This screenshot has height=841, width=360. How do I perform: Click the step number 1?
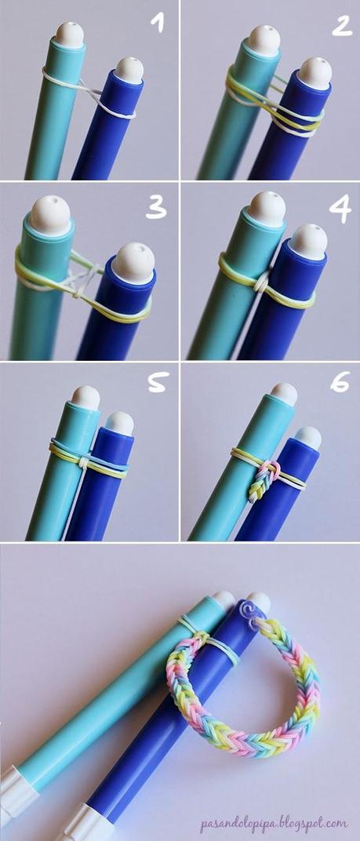click(159, 25)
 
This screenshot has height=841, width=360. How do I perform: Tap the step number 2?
click(340, 25)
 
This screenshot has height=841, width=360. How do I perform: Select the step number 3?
click(157, 209)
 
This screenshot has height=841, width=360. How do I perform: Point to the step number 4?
click(339, 209)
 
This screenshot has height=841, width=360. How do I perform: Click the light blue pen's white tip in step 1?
click(69, 34)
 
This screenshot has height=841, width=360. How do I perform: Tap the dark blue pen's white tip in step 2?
click(315, 71)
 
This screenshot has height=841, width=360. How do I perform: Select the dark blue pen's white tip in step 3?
click(132, 260)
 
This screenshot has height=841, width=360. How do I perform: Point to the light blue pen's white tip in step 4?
click(267, 208)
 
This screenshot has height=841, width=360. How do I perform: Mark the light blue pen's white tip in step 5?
click(85, 397)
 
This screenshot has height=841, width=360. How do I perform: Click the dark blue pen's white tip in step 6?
click(307, 437)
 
